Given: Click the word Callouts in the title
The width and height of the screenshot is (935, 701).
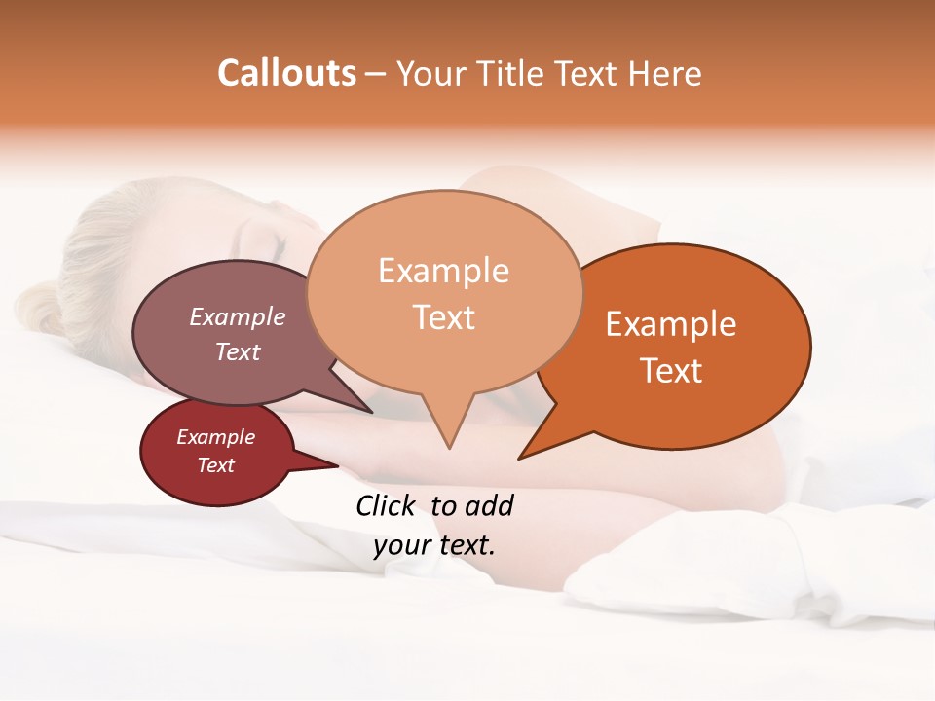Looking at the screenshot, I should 286,73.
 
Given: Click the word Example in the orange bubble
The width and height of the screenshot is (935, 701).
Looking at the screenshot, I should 671,324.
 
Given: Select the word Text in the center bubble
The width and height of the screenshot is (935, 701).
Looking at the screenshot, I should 444,317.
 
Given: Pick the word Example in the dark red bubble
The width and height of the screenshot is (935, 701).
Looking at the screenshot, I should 215,437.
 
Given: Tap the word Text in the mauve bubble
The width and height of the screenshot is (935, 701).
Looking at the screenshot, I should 238,351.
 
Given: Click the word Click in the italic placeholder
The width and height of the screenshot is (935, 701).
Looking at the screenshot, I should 386,505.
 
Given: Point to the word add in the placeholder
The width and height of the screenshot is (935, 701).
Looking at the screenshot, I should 488,505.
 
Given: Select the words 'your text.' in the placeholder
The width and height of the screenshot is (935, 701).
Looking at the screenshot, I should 434,544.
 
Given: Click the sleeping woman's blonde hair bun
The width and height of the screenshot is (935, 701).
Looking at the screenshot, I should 39,307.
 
